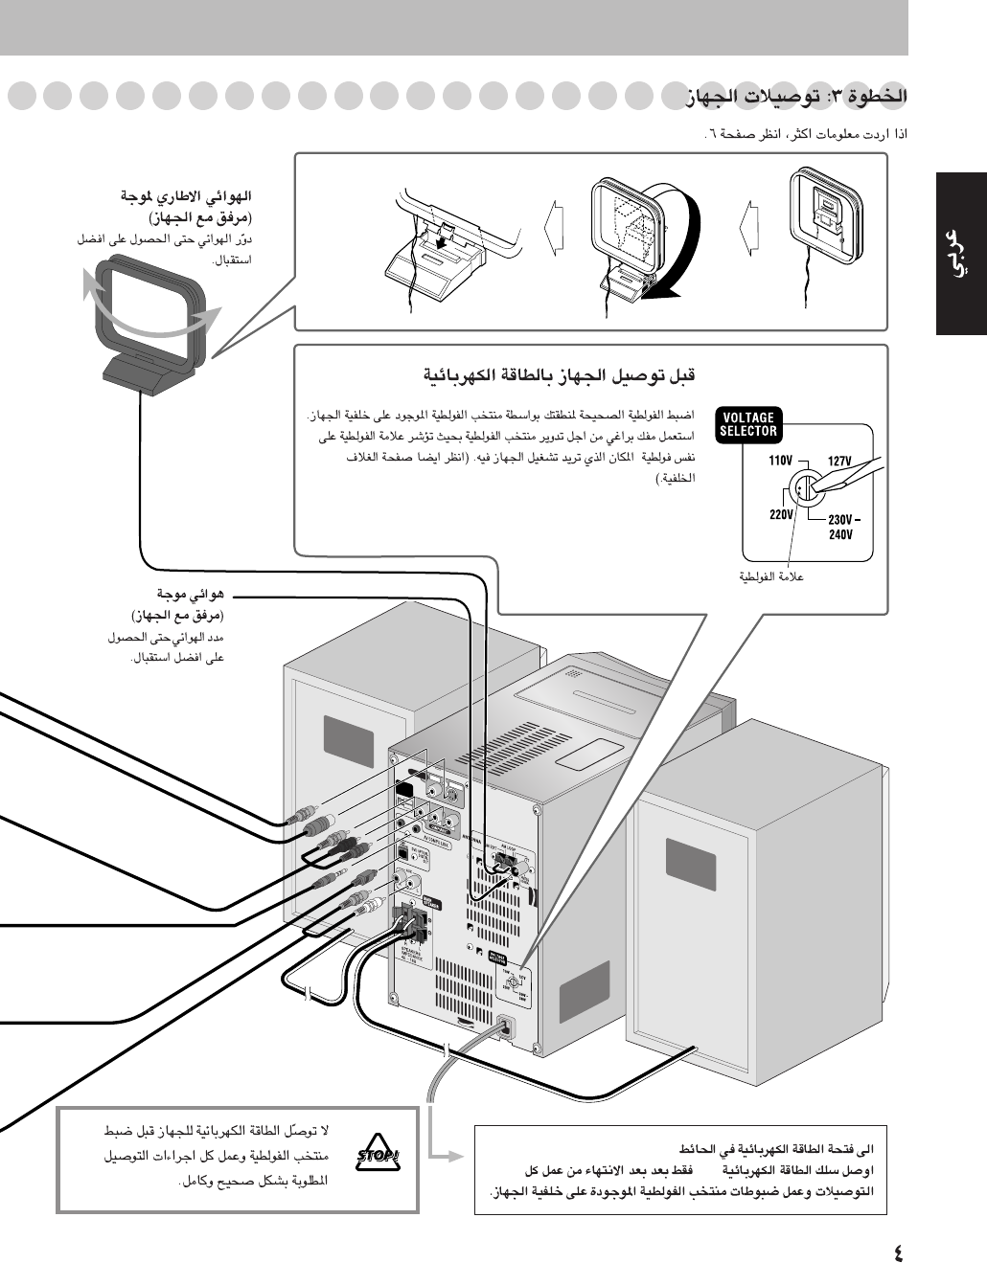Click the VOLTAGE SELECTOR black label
[x=748, y=424]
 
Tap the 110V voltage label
[x=781, y=461]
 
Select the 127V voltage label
[x=838, y=461]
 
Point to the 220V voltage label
[x=781, y=514]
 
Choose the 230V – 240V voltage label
[x=842, y=528]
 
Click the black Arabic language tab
[x=962, y=254]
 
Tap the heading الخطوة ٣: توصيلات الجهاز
[x=795, y=97]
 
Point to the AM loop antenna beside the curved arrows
[x=149, y=326]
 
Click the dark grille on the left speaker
[x=349, y=741]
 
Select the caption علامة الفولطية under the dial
[x=771, y=576]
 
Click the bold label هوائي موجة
[x=191, y=595]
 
